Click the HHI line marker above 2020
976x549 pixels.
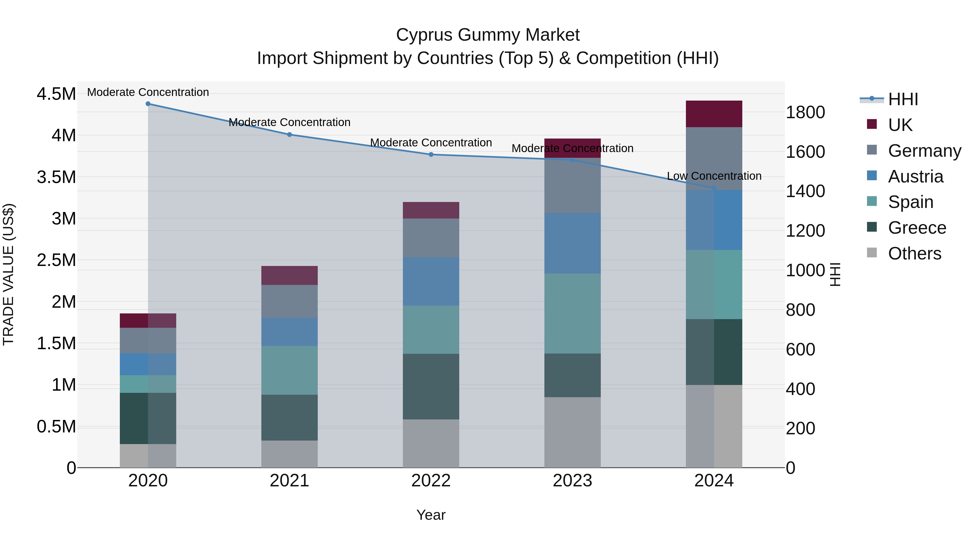point(148,104)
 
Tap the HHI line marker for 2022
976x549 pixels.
point(431,155)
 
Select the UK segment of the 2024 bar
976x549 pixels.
point(714,114)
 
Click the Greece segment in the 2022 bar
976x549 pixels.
point(431,386)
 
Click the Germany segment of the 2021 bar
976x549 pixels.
point(290,301)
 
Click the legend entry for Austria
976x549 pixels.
point(915,176)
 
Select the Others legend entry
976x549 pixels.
point(914,253)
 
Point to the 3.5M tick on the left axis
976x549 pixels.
point(56,177)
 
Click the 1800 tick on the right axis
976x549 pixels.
point(805,112)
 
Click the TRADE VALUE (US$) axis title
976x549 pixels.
point(8,274)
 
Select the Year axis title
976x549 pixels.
point(431,515)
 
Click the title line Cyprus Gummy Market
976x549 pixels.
point(488,35)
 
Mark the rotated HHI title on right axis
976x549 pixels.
point(835,274)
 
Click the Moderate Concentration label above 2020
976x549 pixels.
point(148,92)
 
